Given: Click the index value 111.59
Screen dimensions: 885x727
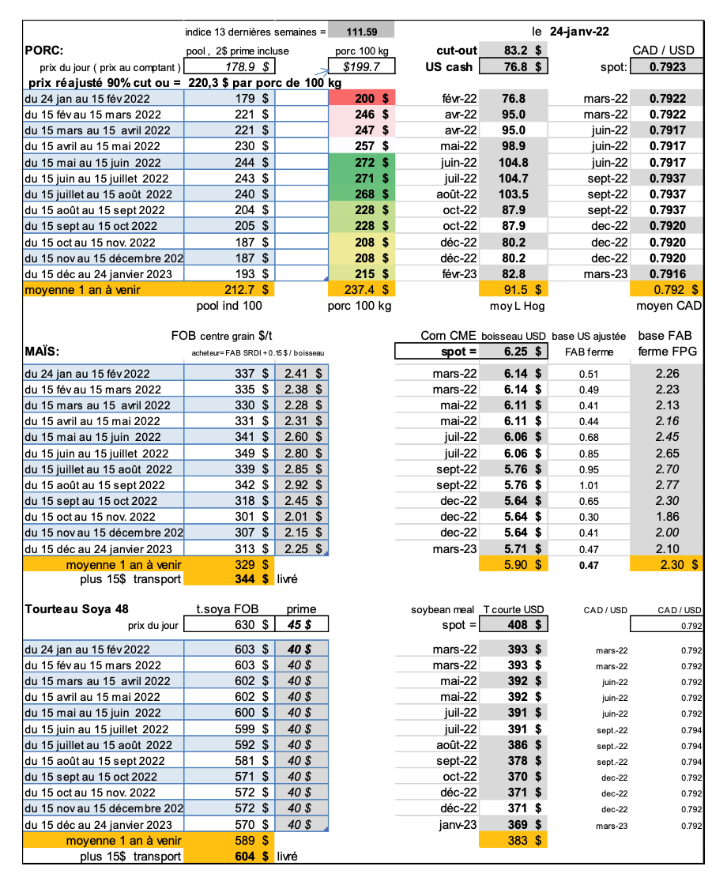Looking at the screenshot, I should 360,32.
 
